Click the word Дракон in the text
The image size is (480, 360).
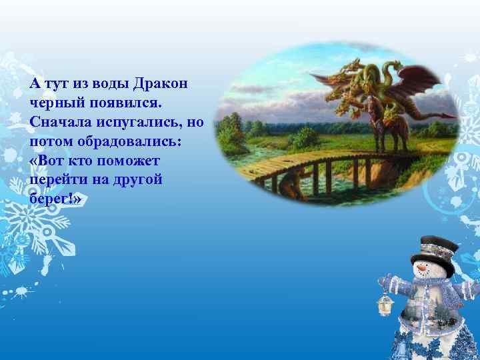[161, 84]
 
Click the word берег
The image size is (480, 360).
[51, 200]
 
